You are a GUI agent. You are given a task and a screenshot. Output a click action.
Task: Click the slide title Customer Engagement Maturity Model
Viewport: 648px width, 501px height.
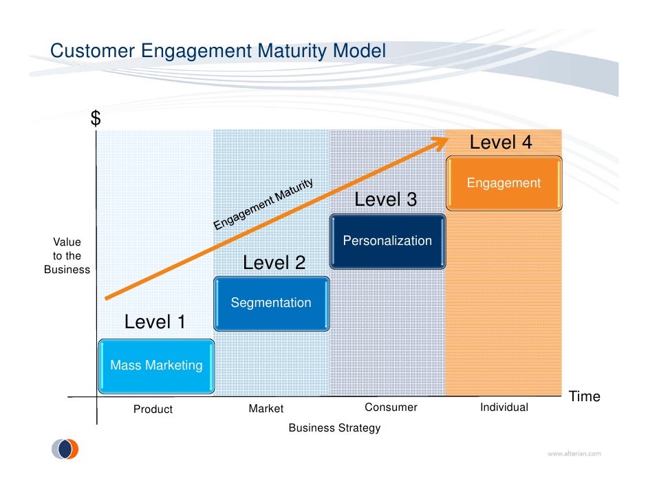[218, 52]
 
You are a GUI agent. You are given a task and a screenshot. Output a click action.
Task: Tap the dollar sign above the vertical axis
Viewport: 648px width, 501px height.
[96, 119]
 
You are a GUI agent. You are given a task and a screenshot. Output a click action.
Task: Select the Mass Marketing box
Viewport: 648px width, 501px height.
[156, 366]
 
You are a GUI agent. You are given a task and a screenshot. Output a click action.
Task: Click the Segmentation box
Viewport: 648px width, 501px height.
[271, 303]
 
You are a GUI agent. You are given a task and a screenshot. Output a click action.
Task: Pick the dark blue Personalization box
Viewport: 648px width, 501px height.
[387, 241]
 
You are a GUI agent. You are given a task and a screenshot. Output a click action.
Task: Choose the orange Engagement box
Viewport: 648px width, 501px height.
[504, 183]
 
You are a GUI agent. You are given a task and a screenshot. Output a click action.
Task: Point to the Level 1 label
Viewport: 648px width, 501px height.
[155, 322]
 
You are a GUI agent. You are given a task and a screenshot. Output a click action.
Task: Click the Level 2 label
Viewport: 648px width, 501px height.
[274, 264]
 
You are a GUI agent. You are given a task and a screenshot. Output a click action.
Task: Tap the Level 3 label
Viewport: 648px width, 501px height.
[385, 200]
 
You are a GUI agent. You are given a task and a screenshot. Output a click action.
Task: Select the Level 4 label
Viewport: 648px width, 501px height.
[501, 143]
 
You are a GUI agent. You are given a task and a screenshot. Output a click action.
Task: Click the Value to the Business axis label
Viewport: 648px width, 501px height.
[67, 256]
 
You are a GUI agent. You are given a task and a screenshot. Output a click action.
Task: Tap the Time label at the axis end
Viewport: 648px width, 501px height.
[584, 397]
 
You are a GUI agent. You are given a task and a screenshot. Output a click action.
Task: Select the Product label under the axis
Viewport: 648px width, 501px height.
[153, 409]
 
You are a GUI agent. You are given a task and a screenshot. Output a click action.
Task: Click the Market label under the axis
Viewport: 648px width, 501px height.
[266, 409]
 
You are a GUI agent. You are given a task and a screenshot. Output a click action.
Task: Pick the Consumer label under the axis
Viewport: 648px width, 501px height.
[391, 407]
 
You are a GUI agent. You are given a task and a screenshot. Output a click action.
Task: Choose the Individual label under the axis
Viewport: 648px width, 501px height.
[504, 407]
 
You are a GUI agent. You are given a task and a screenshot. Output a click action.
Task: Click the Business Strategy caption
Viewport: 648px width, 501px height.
[334, 428]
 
